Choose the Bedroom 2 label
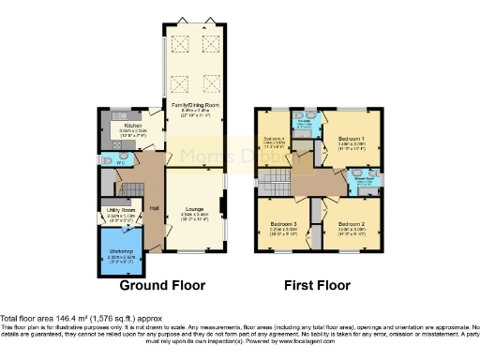point(351,225)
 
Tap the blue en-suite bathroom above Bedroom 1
point(304,124)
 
